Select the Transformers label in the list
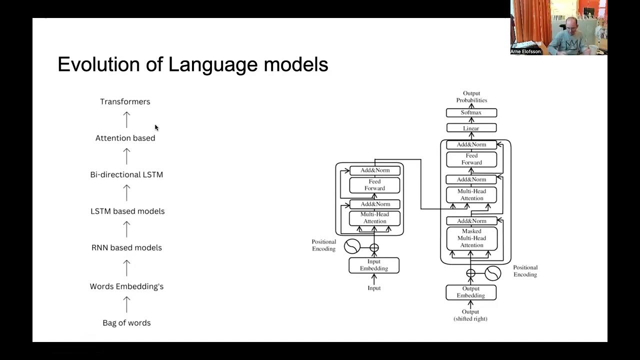tap(125, 101)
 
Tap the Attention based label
tap(125, 138)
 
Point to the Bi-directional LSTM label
tap(126, 174)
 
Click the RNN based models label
tap(126, 247)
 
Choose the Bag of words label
tap(126, 323)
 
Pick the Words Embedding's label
tap(126, 286)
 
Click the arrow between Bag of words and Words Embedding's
tap(126, 304)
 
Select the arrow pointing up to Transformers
tap(126, 119)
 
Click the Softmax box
tap(471, 113)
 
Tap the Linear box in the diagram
tap(471, 128)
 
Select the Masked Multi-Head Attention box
tap(471, 238)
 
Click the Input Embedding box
tap(374, 265)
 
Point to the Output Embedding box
tap(471, 292)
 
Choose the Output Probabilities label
tap(471, 96)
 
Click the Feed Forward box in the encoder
tap(374, 185)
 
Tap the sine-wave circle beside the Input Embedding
tap(352, 246)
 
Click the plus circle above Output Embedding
tap(470, 273)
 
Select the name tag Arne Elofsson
tap(525, 51)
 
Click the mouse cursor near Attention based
tap(156, 127)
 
